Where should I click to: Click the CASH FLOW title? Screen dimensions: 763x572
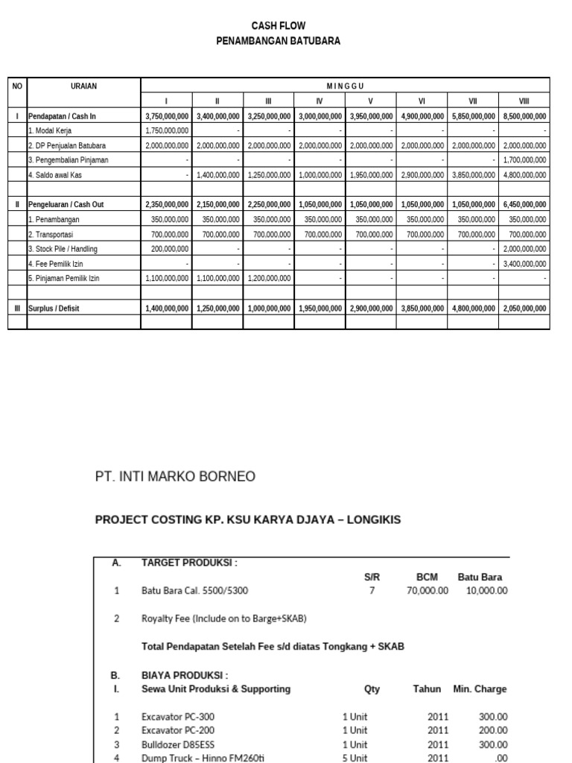click(278, 26)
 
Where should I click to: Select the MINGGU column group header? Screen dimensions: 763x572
click(345, 86)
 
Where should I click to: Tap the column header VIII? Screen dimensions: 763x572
click(524, 101)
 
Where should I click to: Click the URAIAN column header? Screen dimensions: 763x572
click(83, 86)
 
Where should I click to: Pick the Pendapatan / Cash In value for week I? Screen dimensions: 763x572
click(167, 116)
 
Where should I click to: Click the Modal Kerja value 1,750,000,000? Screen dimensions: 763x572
click(167, 130)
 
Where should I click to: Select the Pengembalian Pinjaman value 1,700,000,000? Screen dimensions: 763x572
click(524, 159)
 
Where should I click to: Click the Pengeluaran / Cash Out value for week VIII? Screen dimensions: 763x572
click(524, 205)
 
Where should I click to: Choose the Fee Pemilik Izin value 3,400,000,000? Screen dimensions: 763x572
click(524, 263)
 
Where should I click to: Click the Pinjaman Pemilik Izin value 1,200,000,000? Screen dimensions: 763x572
click(270, 278)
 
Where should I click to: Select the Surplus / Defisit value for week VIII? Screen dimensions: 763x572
click(524, 307)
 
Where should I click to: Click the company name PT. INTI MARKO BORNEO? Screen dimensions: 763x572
click(175, 476)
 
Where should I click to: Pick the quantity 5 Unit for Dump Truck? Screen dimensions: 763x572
click(355, 758)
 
